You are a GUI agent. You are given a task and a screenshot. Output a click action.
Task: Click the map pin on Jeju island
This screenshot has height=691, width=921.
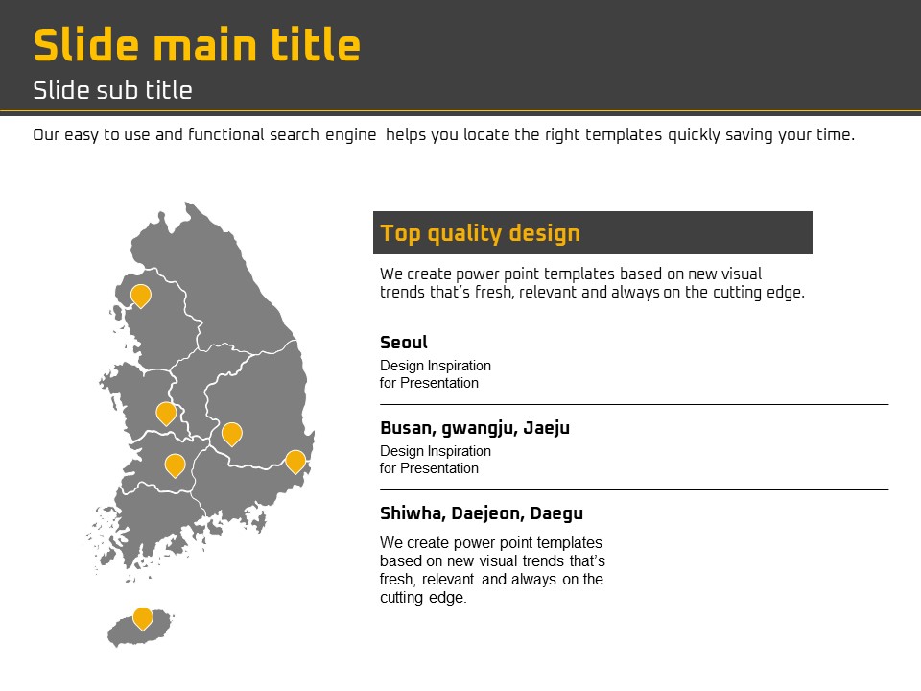coord(143,618)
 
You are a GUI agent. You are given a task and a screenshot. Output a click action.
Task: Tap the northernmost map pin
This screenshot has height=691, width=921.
coord(141,296)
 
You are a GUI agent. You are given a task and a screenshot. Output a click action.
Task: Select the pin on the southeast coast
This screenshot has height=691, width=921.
coord(295,462)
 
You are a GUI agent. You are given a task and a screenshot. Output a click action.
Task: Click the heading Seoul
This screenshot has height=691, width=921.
coord(404,343)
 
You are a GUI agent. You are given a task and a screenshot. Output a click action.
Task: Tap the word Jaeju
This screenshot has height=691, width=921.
coord(546,428)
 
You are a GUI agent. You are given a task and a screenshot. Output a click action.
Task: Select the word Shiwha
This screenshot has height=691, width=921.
coord(413,513)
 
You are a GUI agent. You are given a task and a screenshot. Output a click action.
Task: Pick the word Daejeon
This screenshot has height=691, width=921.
coord(487,513)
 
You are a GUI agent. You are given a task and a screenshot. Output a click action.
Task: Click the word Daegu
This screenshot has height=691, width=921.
coord(556,514)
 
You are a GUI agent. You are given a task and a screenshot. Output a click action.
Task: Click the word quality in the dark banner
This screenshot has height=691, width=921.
coord(464,234)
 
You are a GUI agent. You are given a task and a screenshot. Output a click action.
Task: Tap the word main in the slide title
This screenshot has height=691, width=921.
coord(205,46)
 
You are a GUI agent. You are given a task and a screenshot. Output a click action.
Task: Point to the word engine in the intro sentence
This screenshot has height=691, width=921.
coord(351,135)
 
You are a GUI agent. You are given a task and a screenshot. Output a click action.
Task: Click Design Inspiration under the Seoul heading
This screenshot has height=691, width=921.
coord(436,366)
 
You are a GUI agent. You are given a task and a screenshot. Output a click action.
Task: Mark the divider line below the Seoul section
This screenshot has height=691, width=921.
coord(634,404)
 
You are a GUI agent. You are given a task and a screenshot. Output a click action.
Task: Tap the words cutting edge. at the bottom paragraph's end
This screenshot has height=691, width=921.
coord(423,598)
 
